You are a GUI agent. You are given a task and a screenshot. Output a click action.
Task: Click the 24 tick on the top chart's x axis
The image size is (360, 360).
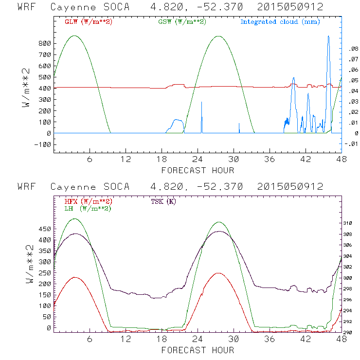pos(198,160)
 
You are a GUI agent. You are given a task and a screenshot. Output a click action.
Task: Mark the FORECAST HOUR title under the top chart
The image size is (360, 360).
pos(198,170)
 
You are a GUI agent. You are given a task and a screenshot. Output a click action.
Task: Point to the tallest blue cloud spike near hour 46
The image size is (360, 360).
pos(328,36)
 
